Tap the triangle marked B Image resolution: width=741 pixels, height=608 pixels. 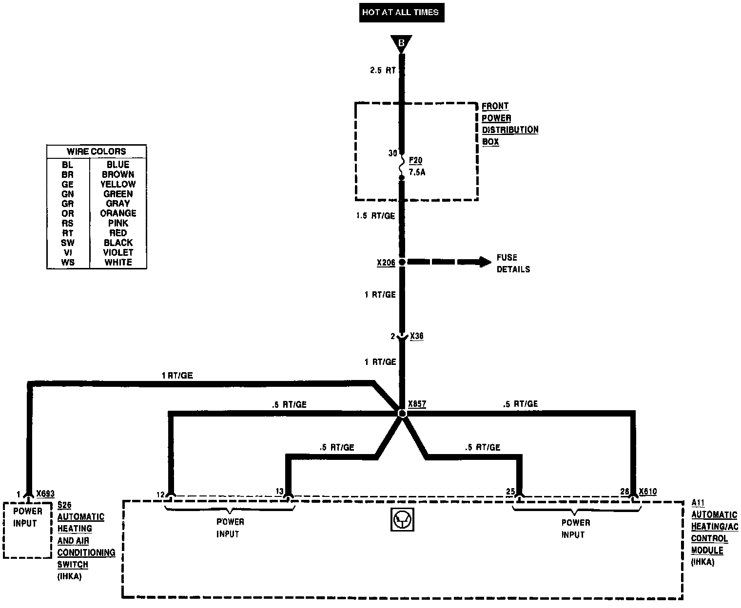pyautogui.click(x=401, y=43)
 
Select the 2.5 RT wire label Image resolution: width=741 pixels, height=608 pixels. pyautogui.click(x=383, y=70)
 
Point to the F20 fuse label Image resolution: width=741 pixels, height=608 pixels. pyautogui.click(x=415, y=161)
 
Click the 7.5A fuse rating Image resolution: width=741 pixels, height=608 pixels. pyautogui.click(x=417, y=172)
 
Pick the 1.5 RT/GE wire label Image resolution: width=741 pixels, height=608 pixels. pyautogui.click(x=375, y=216)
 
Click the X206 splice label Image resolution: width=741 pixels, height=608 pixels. pyautogui.click(x=386, y=263)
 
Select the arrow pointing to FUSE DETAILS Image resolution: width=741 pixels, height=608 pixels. pyautogui.click(x=448, y=262)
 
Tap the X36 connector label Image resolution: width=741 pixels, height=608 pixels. pyautogui.click(x=416, y=336)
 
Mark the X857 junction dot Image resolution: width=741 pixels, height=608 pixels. pyautogui.click(x=402, y=414)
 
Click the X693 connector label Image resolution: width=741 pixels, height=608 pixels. pyautogui.click(x=45, y=494)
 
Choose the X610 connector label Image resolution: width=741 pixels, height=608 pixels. pyautogui.click(x=647, y=492)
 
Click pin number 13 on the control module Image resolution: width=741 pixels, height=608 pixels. pyautogui.click(x=279, y=491)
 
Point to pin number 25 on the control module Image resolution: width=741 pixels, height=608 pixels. pyautogui.click(x=510, y=492)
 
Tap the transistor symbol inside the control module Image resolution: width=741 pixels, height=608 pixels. pyautogui.click(x=402, y=520)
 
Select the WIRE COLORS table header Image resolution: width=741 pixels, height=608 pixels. pyautogui.click(x=97, y=152)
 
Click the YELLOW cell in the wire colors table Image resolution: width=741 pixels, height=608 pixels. pyautogui.click(x=118, y=184)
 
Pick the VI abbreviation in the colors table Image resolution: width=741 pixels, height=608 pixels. pyautogui.click(x=68, y=252)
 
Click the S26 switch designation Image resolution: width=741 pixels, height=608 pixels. pyautogui.click(x=64, y=505)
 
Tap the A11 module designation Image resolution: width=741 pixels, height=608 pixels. pyautogui.click(x=698, y=503)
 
